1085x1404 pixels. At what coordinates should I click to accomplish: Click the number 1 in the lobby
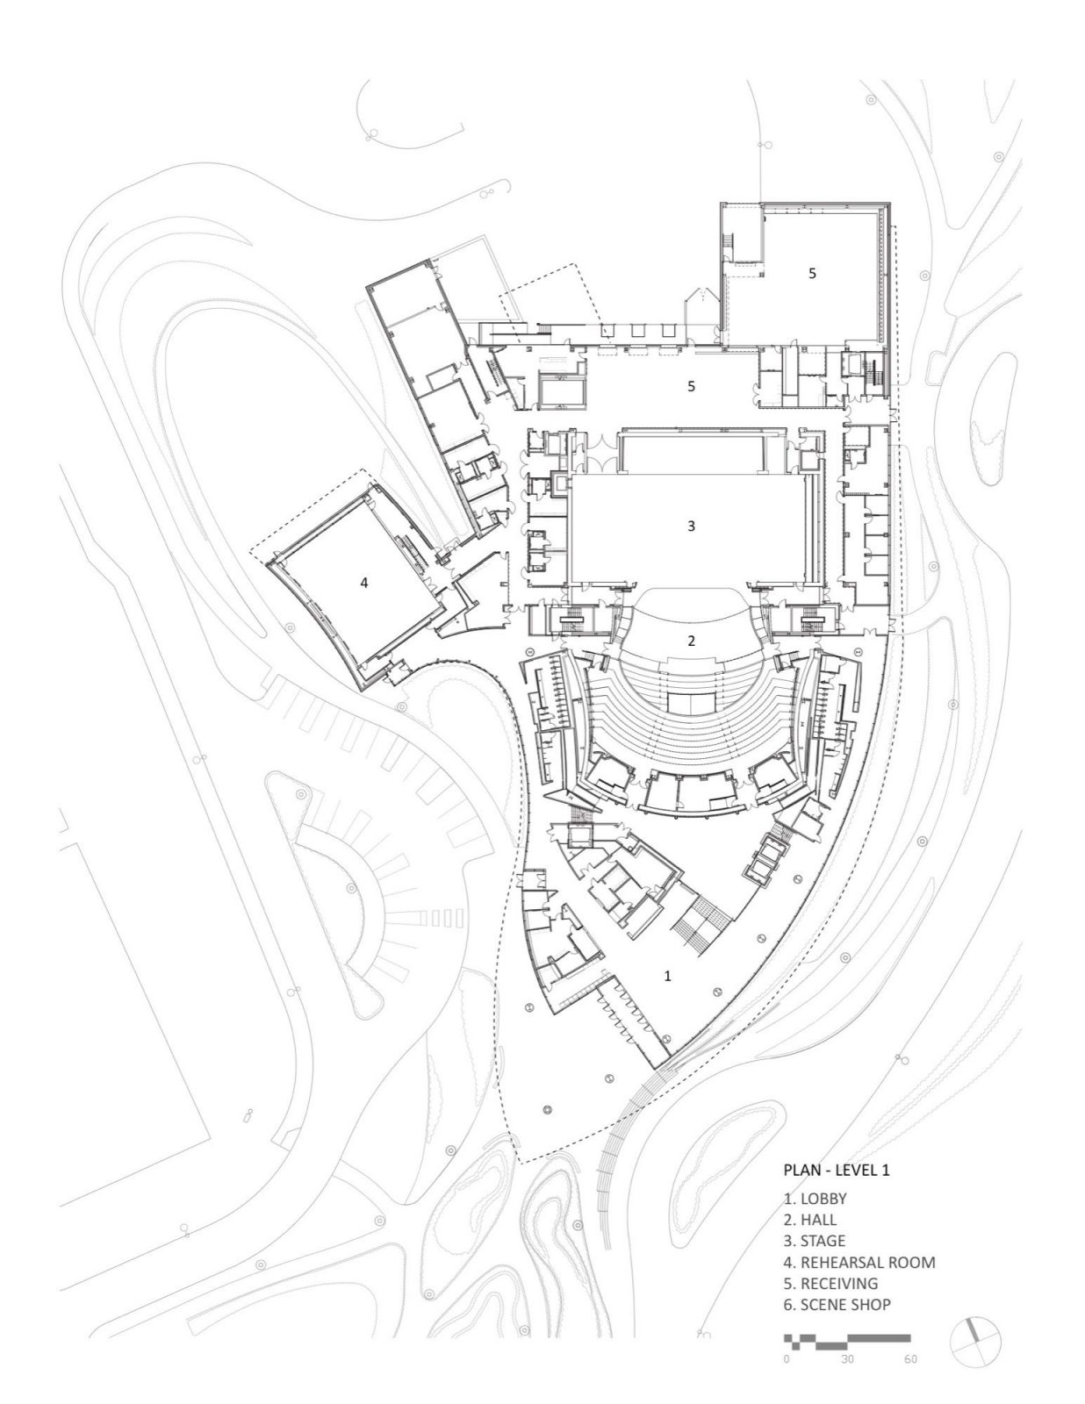click(668, 975)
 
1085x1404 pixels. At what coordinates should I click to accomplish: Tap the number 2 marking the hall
click(691, 641)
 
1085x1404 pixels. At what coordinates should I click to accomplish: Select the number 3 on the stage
click(691, 526)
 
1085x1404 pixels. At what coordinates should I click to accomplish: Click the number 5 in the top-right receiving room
click(812, 273)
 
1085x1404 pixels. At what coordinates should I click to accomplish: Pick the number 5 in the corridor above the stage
click(691, 385)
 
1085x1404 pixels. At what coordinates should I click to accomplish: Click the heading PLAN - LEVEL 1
click(836, 1170)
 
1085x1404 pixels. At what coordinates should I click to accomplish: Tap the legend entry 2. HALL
click(809, 1219)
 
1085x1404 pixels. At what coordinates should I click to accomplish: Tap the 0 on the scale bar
click(786, 1359)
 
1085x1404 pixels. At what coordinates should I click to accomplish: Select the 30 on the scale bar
click(846, 1359)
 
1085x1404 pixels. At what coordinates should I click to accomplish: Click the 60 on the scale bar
click(909, 1359)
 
